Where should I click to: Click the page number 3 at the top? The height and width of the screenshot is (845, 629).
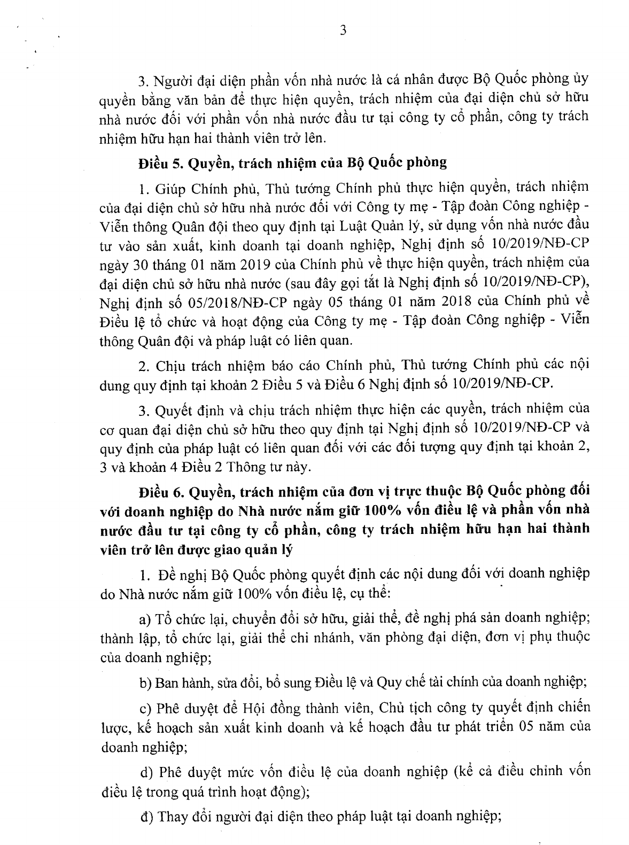pos(343,30)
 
